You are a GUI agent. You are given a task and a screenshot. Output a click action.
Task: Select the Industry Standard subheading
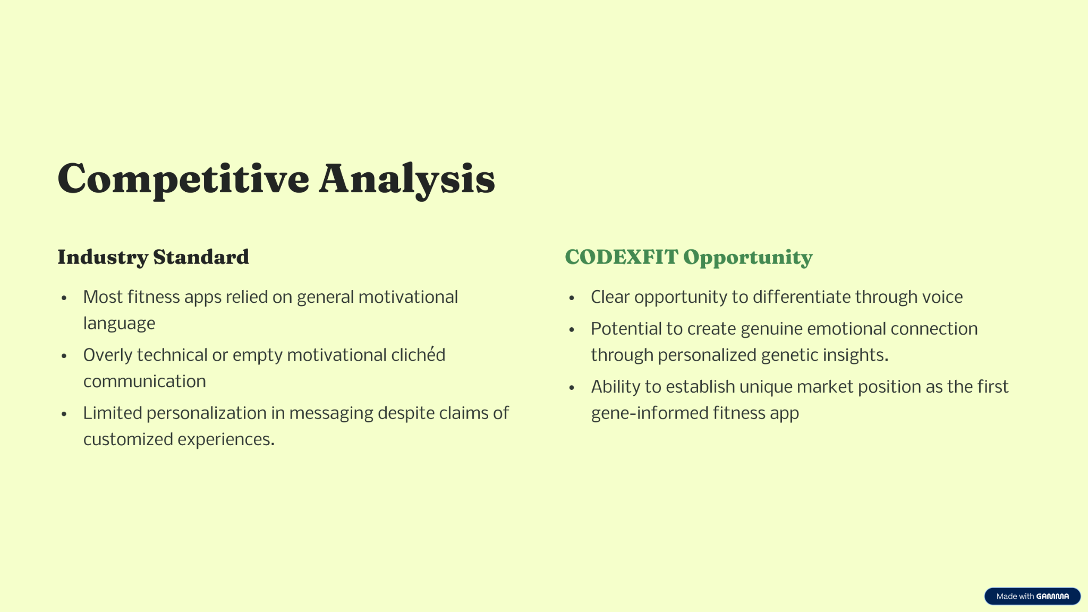(x=153, y=257)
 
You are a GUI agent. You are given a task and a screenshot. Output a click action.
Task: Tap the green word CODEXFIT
(x=622, y=257)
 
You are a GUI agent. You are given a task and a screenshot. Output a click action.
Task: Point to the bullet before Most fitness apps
(x=64, y=298)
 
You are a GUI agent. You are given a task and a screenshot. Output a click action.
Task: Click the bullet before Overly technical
(x=64, y=356)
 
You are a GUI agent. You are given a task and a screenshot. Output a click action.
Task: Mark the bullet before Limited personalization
(x=64, y=414)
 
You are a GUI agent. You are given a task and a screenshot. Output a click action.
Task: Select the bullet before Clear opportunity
(x=572, y=298)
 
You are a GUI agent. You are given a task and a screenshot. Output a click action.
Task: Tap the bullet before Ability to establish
(x=572, y=388)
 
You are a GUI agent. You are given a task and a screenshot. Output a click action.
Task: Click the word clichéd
(x=418, y=354)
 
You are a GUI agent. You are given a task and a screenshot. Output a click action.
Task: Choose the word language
(x=119, y=324)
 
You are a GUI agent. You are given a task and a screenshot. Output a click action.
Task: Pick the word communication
(x=144, y=381)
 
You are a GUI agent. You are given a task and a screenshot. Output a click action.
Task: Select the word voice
(x=942, y=297)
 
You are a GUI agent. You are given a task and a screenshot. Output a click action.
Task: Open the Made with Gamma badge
(x=1032, y=596)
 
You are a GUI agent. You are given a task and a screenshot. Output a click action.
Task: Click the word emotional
(x=847, y=329)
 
